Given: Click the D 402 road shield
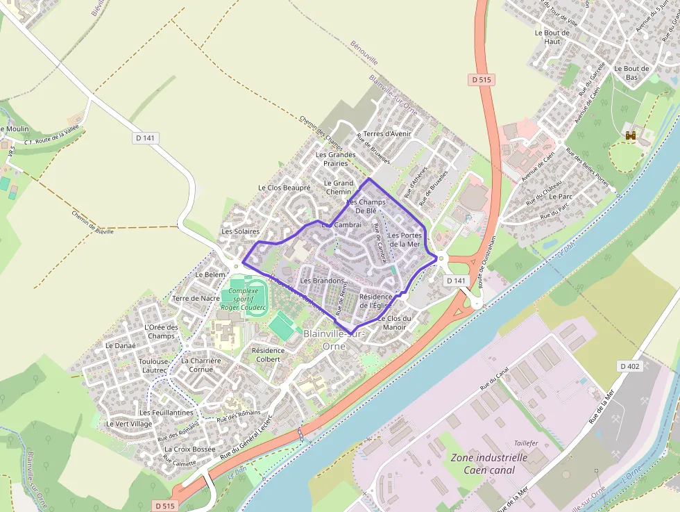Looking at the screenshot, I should pos(631,366).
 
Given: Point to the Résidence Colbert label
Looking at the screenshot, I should pos(268,354).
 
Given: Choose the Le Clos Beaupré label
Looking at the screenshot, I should pos(284,188).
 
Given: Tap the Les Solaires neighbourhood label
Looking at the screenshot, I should pos(240,231).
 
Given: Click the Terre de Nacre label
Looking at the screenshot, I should pos(196,298).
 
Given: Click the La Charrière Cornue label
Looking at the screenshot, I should pos(201,365).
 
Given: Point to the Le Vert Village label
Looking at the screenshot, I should pos(129,424).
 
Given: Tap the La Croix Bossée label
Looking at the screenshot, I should pos(189,449).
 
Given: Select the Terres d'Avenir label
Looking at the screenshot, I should pos(387,133).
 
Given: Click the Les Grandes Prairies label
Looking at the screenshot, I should pos(335,159).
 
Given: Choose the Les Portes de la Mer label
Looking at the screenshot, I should pos(405,240).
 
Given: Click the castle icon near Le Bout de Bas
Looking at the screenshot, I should pos(631,136).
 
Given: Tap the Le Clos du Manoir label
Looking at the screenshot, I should pos(394,322).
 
